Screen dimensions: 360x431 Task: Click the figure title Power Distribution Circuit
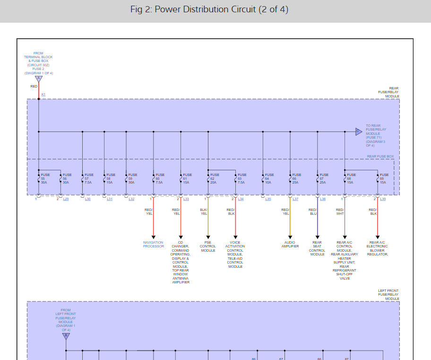209,9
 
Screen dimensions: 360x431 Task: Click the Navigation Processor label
153,244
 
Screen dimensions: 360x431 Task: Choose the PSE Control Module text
208,246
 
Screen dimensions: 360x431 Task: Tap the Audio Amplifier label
290,244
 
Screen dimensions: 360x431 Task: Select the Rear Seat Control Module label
317,248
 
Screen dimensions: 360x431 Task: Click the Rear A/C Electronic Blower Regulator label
377,248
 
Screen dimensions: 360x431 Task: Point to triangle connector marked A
39,78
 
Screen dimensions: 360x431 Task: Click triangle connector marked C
359,132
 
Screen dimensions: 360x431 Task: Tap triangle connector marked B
66,336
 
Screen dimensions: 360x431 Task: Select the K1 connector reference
43,95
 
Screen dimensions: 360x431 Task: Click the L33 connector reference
186,199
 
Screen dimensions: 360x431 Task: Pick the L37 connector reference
295,199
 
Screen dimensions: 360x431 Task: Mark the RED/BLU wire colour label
312,211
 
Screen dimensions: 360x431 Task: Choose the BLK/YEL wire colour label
204,211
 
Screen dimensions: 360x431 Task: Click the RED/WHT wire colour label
340,211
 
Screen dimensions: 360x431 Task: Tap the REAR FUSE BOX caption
380,157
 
